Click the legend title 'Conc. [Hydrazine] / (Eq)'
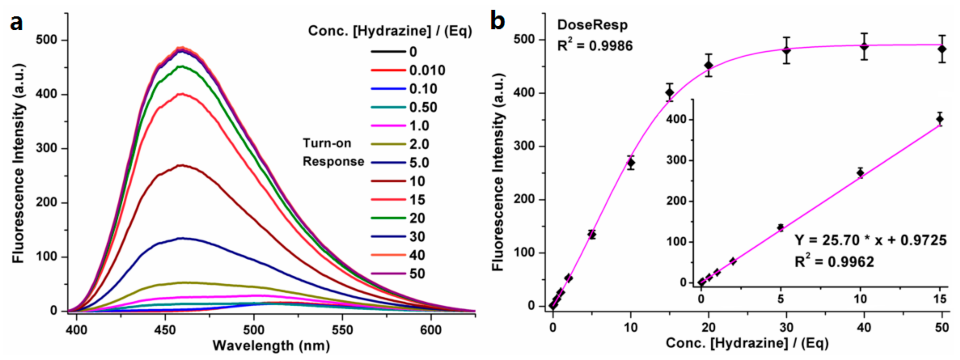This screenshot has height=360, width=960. (x=390, y=31)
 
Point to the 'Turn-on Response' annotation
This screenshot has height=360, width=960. (x=333, y=152)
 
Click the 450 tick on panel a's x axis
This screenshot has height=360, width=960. (x=165, y=330)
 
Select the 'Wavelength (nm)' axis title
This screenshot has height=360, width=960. (x=271, y=345)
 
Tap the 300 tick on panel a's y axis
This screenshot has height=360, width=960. (x=46, y=148)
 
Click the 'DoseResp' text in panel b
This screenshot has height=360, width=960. (x=592, y=25)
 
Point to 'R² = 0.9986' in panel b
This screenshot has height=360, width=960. (x=595, y=46)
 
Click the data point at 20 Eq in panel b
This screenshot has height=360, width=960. (x=708, y=65)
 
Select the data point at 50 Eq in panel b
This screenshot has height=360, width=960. (x=942, y=49)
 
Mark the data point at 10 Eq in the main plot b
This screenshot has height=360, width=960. (x=631, y=163)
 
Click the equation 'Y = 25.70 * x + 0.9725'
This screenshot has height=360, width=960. (x=870, y=240)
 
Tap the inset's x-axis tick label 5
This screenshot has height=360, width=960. (x=781, y=299)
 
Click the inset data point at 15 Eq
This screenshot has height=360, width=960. (x=940, y=119)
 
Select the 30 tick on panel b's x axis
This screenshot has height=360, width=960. (x=786, y=327)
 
